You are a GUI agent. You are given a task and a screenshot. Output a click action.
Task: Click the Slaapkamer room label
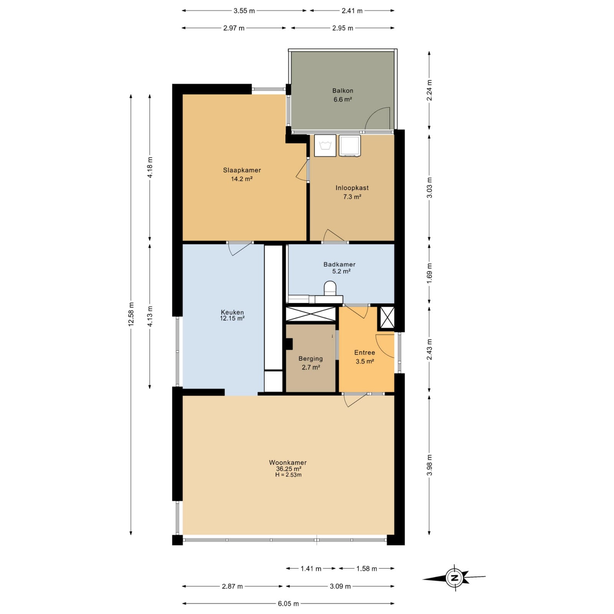[242, 170]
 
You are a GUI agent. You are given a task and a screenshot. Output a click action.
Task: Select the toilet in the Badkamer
[330, 289]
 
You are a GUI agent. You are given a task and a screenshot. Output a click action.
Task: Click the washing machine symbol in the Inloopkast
[325, 145]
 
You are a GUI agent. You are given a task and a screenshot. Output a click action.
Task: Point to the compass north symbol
[455, 578]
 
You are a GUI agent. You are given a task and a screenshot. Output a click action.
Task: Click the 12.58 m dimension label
[131, 314]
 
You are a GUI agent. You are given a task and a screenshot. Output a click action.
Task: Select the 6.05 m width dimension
[288, 604]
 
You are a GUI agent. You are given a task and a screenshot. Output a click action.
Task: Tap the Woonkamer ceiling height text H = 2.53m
[288, 475]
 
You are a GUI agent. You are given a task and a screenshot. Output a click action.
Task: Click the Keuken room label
[232, 312]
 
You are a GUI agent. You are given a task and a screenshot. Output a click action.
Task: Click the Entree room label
[365, 352]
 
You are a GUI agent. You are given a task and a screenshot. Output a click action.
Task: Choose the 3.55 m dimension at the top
[244, 11]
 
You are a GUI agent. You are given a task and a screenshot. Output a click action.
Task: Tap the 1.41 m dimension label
[311, 568]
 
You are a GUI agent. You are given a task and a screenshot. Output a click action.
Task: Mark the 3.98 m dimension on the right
[429, 465]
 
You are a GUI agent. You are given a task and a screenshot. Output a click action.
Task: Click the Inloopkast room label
[352, 188]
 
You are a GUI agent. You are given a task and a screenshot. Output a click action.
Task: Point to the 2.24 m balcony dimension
[429, 90]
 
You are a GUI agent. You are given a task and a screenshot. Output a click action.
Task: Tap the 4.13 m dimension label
[150, 316]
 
